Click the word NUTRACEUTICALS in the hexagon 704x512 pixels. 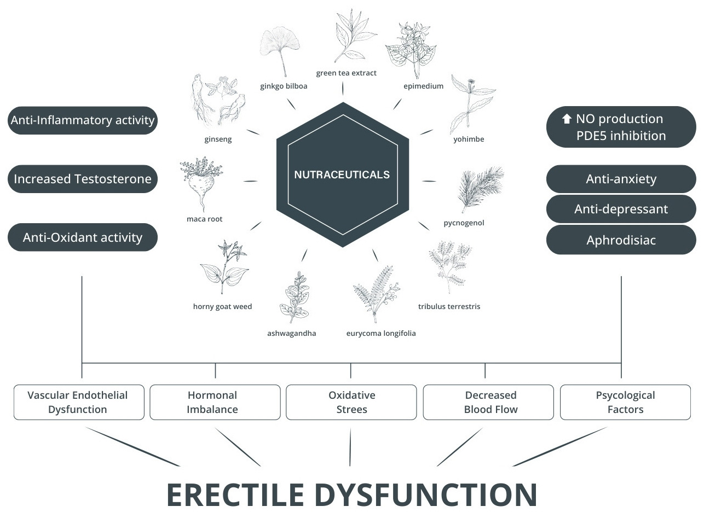[342, 175]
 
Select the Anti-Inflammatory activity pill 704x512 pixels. [83, 120]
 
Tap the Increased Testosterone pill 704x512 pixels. [83, 179]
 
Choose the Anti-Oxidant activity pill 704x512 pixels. [83, 237]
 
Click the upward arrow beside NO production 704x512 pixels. [567, 119]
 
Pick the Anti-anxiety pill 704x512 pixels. [621, 179]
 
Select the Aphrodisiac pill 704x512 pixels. [621, 240]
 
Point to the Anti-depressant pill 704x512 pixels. [621, 209]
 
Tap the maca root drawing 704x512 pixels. [201, 183]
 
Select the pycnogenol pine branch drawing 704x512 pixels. [480, 189]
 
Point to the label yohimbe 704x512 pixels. [469, 139]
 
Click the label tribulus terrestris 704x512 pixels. [449, 306]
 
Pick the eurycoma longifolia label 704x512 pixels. [381, 333]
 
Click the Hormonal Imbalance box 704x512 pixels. [215, 402]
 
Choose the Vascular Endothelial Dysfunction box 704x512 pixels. [79, 402]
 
